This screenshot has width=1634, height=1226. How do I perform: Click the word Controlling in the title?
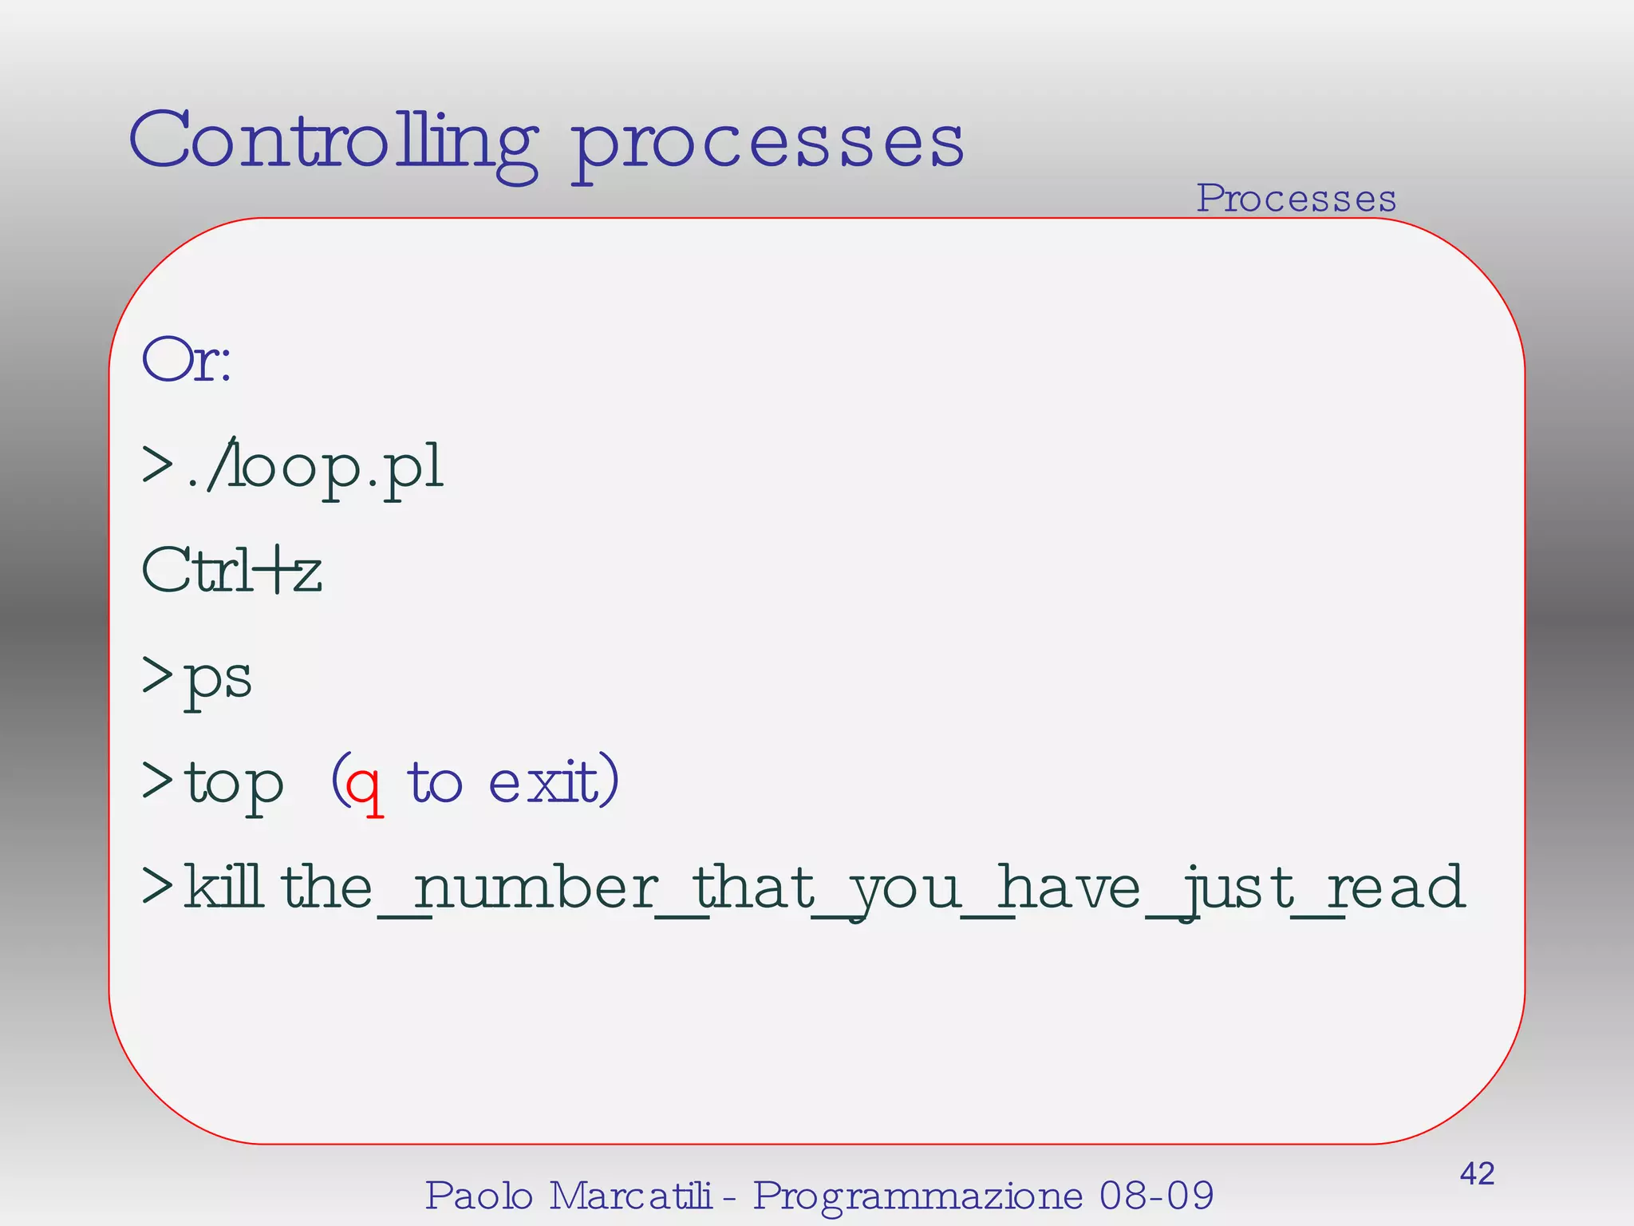(334, 142)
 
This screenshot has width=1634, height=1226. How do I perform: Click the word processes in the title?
(768, 144)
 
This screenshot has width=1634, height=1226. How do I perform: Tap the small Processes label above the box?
(1296, 198)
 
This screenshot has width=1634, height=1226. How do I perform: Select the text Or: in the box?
(187, 361)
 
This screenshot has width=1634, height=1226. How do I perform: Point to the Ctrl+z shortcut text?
(231, 571)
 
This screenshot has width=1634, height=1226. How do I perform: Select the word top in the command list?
(234, 782)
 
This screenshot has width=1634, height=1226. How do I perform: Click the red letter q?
(364, 785)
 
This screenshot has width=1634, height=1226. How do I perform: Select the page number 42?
(1477, 1174)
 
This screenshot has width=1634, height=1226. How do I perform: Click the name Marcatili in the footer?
(630, 1196)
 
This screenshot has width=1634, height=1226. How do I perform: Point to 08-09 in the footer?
(1156, 1196)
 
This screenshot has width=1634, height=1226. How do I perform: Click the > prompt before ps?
(157, 675)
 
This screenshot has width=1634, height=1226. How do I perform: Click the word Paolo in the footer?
(479, 1196)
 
